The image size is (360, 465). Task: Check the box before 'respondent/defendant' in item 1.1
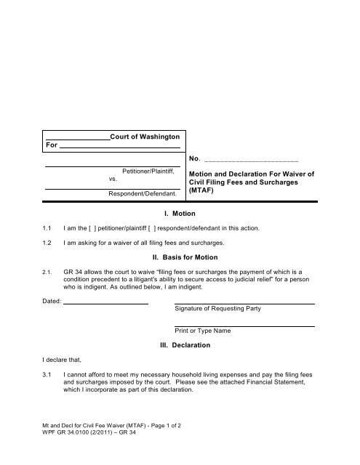pos(164,229)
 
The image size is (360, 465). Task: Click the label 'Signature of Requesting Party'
pos(217,309)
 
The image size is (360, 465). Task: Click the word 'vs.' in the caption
pos(113,178)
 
